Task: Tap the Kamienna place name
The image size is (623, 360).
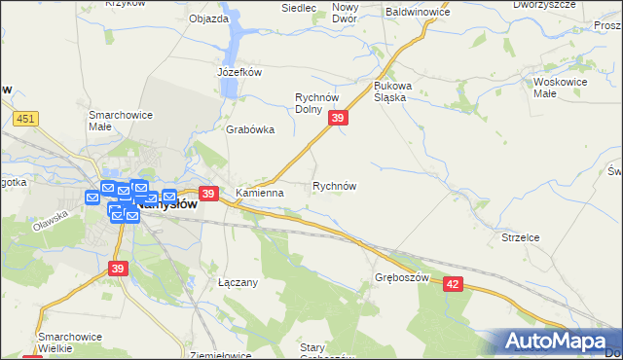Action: [x=259, y=194]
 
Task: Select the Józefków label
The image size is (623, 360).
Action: [x=239, y=72]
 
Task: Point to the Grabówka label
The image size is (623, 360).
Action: [x=250, y=129]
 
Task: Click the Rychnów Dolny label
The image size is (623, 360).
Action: [x=321, y=103]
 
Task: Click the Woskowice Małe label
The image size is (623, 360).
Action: [x=559, y=89]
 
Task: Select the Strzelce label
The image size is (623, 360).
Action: [x=519, y=237]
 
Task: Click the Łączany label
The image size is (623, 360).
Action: [x=238, y=282]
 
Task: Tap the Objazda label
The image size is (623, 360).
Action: [x=208, y=18]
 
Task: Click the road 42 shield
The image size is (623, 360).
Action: [x=454, y=282]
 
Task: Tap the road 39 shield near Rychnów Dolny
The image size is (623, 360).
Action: [x=338, y=118]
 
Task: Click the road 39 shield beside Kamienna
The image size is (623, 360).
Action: [x=207, y=194]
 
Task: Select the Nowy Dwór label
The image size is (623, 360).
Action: [x=346, y=14]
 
